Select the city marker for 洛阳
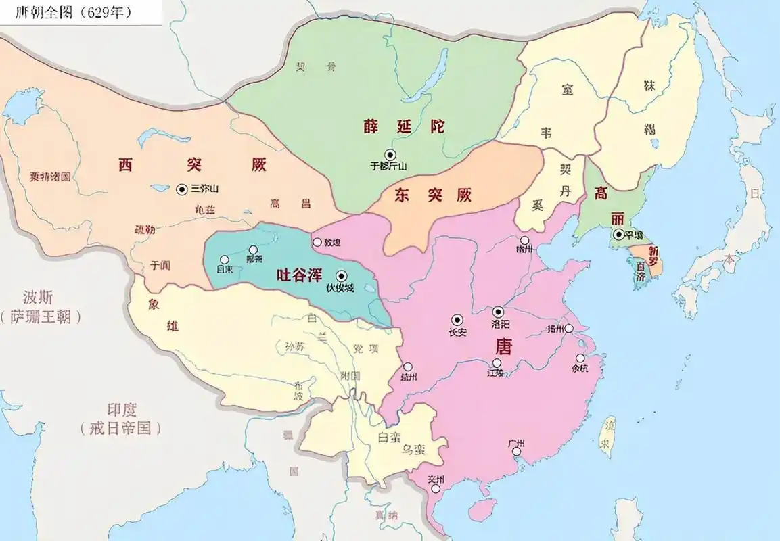(499, 312)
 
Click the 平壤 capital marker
(618, 235)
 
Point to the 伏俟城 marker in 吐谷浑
(341, 275)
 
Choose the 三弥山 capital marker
(181, 190)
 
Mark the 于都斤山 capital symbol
(390, 154)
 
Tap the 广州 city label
(516, 444)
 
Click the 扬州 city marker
(569, 329)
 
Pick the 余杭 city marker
(580, 358)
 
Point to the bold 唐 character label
(504, 347)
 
